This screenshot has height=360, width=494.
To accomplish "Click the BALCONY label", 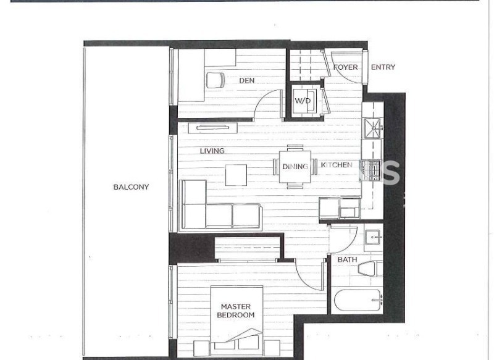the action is point(131,187).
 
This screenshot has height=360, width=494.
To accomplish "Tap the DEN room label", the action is point(246,81).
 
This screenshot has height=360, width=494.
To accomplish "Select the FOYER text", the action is point(346,67).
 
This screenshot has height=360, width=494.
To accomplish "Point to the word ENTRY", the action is point(383,67).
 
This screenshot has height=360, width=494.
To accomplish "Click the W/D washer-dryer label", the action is point(303,101).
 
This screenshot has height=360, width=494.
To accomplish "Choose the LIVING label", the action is point(212,151).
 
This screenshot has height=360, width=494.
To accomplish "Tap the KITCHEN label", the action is point(337,165).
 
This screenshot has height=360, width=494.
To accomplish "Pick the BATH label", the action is point(347,259).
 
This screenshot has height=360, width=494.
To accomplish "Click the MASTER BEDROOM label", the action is point(236,311).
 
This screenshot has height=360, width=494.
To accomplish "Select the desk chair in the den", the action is point(216,80).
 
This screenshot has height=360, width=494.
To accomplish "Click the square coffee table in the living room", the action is point(236,175).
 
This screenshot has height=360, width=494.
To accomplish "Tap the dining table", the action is point(295,167).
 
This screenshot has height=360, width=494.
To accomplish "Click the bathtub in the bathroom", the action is point(358,300).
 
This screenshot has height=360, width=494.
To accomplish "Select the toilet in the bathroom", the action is point(371,269).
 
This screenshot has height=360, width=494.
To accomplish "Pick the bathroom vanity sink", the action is point(374,237).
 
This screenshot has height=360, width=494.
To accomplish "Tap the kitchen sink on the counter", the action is point(373,128).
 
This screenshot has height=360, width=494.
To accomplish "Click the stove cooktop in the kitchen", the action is point(371,170).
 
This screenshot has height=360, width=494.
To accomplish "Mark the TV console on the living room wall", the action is point(212,128).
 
